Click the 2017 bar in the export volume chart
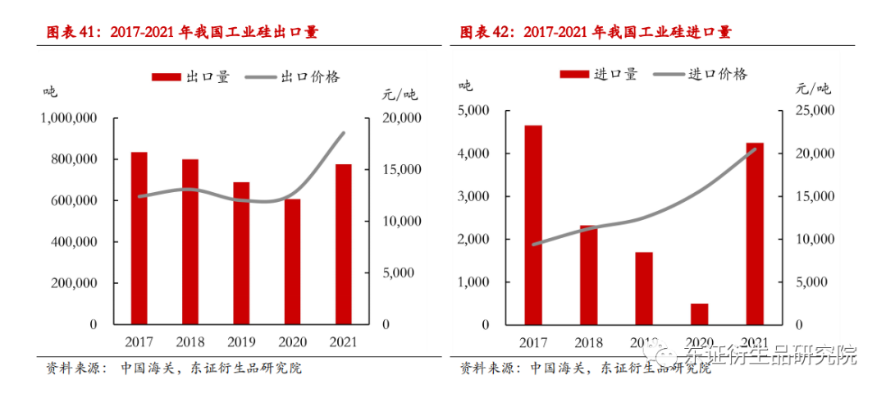pos(139,238)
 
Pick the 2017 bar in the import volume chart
pos(533,225)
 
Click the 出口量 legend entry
pos(191,76)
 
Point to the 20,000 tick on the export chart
pos(403,118)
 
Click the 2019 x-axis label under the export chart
pos(241,341)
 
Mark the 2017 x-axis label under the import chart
pos(533,341)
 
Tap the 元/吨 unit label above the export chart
pos(400,93)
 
